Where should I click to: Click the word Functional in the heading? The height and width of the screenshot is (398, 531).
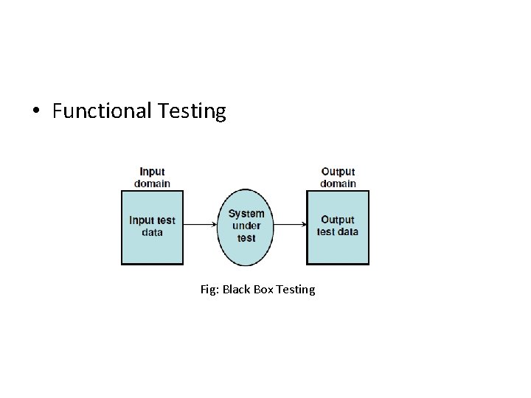[101, 111]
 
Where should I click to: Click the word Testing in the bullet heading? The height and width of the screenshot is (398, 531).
[191, 111]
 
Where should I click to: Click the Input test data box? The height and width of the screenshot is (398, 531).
[152, 251]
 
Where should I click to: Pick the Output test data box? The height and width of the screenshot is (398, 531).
[338, 251]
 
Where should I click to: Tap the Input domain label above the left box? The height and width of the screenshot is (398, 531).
[153, 177]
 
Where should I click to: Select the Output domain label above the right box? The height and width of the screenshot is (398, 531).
[338, 177]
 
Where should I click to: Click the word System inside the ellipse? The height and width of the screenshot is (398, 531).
[246, 214]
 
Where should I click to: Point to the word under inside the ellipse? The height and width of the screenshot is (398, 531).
[246, 226]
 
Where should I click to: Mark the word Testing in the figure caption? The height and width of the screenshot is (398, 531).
[296, 290]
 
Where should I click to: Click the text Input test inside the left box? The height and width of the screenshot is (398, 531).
[153, 220]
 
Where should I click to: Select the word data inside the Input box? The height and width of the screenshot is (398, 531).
[153, 232]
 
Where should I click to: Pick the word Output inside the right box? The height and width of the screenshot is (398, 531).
[338, 220]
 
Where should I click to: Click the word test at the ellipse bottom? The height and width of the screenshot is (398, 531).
[246, 238]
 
